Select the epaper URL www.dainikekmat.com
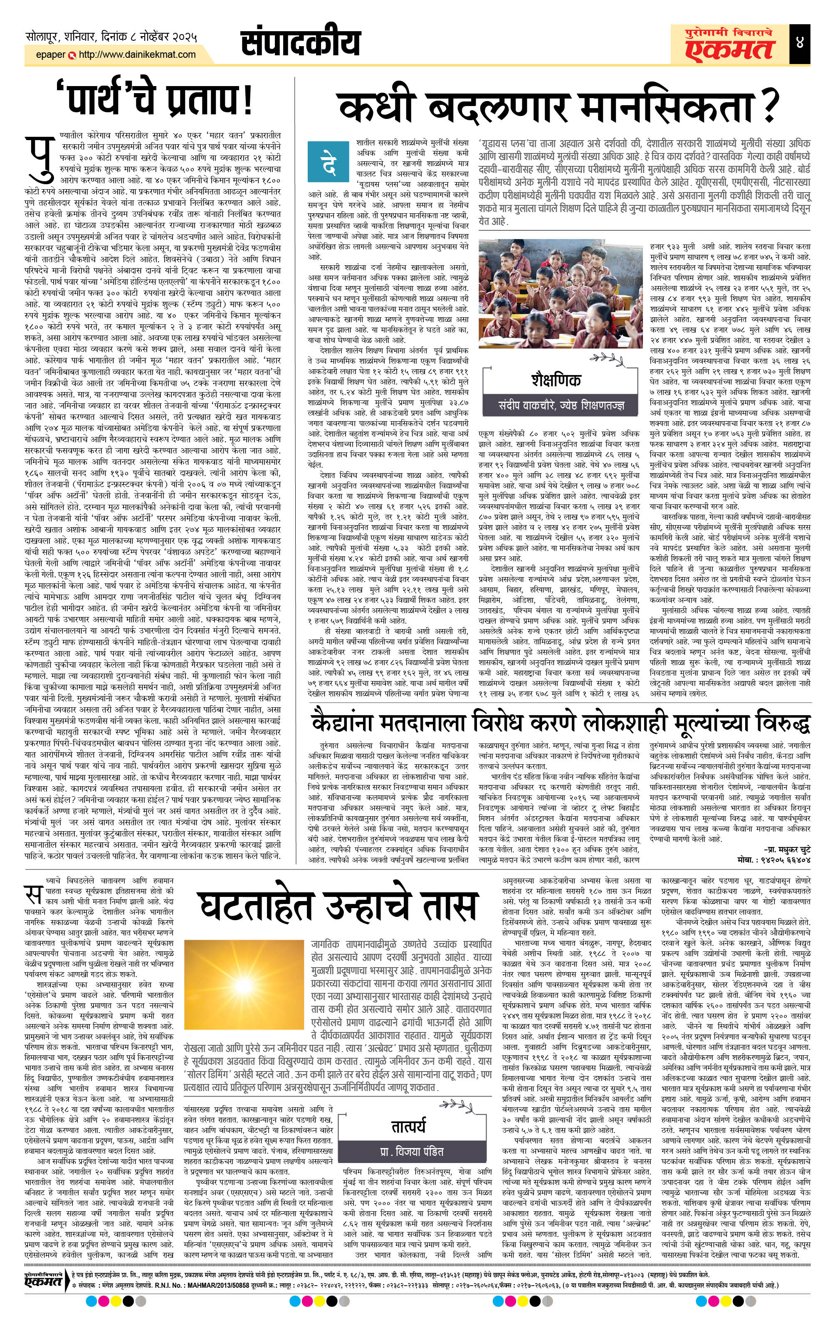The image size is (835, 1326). [x=137, y=54]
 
